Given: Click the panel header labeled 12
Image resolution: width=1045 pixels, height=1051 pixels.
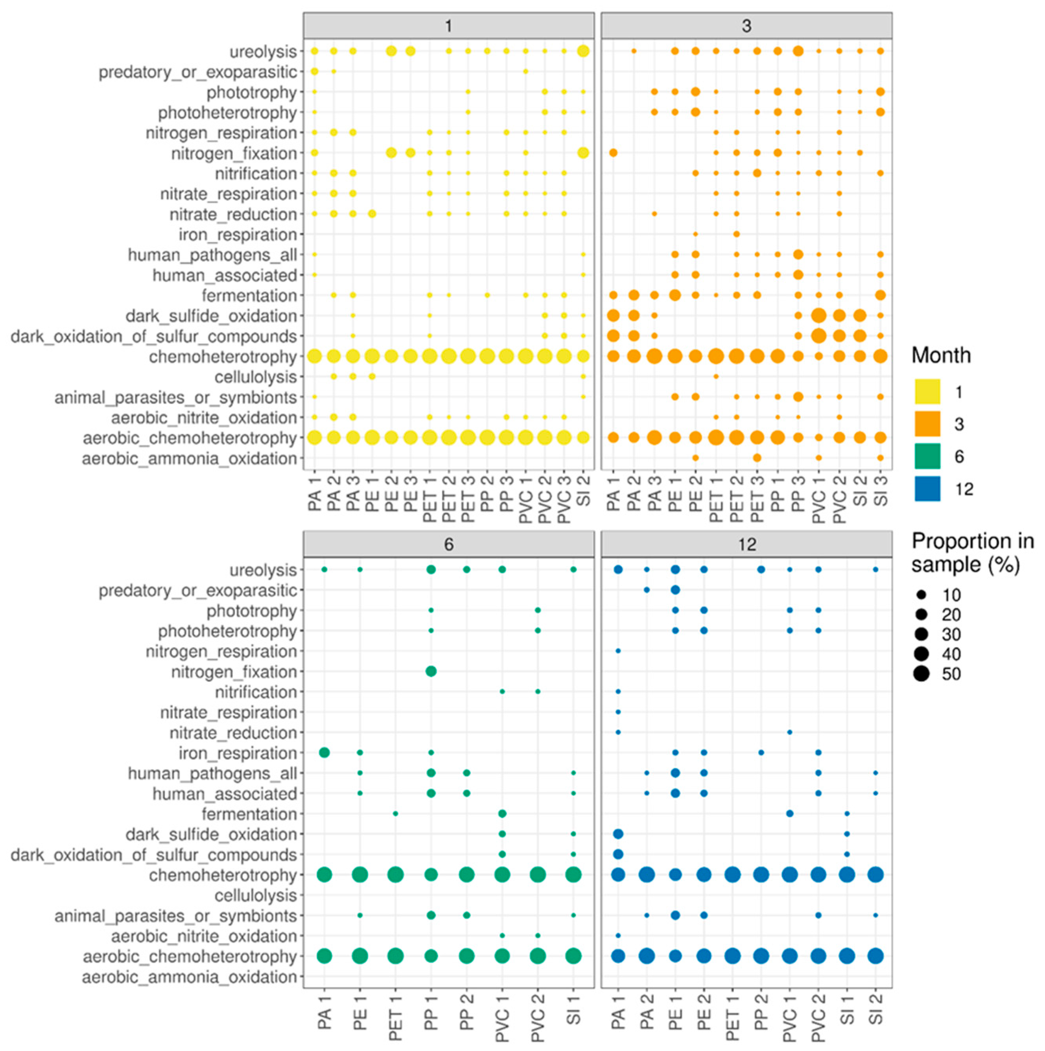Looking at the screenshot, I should coord(746,545).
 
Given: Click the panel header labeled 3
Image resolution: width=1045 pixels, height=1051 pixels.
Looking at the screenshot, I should coord(746,26).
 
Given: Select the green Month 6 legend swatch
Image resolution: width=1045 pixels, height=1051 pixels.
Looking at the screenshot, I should coord(927,456).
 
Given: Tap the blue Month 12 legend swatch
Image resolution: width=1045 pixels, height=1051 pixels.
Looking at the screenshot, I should coord(927,488).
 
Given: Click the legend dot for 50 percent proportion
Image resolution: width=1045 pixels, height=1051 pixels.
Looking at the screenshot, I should coord(921,674).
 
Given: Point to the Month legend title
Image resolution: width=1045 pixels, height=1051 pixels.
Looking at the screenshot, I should coord(941,355).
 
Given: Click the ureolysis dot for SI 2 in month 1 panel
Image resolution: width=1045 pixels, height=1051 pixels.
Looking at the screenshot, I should coord(583,51).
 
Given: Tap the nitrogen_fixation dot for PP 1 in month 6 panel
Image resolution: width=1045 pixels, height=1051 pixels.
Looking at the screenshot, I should coord(431,671).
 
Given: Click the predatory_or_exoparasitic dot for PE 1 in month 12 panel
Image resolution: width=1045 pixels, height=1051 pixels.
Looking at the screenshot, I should coord(675,590).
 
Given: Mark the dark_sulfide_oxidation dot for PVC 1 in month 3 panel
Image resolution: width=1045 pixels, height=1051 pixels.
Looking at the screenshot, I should coord(818,315).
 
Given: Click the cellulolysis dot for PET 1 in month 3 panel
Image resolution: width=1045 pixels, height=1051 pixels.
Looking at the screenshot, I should coord(716,376).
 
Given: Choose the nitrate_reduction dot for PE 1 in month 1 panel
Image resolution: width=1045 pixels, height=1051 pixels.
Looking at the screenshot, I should coord(372,214).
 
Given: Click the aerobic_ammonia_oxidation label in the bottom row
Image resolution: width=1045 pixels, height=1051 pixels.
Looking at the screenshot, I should coord(190,977).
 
